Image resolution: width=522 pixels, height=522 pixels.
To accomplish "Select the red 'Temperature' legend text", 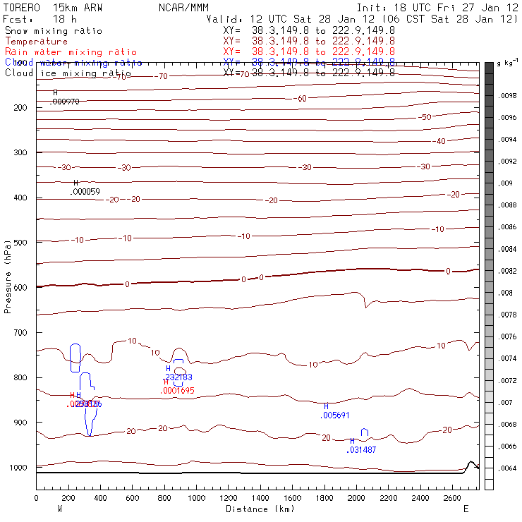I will pyautogui.click(x=36, y=42).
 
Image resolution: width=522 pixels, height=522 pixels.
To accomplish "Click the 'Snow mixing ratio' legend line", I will pyautogui.click(x=53, y=31).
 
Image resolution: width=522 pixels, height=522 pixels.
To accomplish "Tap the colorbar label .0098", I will pyautogui.click(x=508, y=95).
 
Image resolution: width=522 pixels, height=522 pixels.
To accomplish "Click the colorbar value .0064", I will pyautogui.click(x=508, y=468).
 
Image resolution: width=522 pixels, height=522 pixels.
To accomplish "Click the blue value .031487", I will pyautogui.click(x=363, y=450).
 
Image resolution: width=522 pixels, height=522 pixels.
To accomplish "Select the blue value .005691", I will pyautogui.click(x=334, y=416).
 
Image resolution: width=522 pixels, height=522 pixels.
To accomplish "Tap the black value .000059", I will pyautogui.click(x=85, y=192).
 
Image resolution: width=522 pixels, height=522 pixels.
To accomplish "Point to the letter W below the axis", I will pyautogui.click(x=60, y=509).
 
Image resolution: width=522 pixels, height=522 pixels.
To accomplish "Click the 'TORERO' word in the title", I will pyautogui.click(x=22, y=6).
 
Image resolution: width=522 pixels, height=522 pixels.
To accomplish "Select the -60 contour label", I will pyautogui.click(x=301, y=99).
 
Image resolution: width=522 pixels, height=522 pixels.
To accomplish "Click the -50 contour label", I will pyautogui.click(x=425, y=117).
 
